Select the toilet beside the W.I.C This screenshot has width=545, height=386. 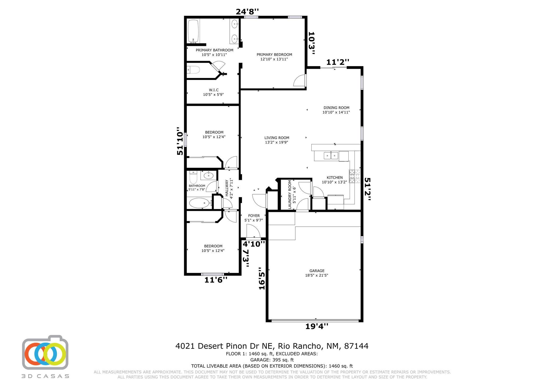[193, 70]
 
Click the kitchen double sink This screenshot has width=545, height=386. [331, 156]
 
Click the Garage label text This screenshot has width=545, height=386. [316, 271]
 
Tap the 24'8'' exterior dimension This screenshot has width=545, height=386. [247, 12]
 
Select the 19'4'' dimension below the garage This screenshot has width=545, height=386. [317, 326]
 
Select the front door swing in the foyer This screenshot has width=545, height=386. [253, 231]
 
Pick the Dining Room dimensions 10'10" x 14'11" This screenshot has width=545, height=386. [336, 112]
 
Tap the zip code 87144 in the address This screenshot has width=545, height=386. [356, 346]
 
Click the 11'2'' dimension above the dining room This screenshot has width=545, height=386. [337, 62]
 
